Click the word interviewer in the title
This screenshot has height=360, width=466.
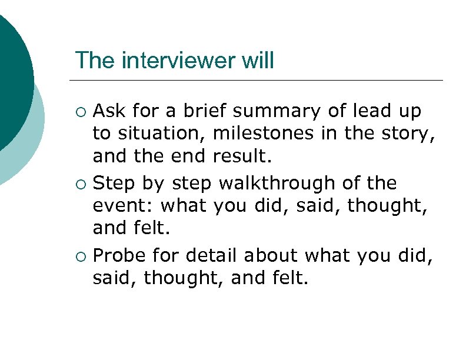pos(174,61)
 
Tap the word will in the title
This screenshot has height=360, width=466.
pos(259,61)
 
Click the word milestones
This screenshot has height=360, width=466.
pos(265,134)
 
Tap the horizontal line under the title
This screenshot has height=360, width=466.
pos(256,80)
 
